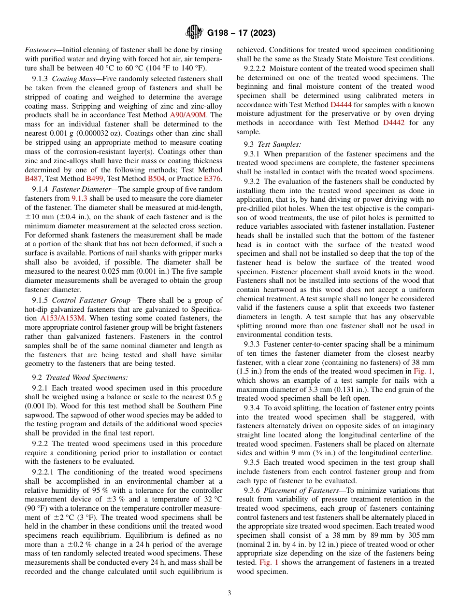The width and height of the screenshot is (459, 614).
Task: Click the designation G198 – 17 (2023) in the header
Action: (241, 33)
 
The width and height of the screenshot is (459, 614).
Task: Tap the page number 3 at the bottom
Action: (229, 593)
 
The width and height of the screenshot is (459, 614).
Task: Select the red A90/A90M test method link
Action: (196, 115)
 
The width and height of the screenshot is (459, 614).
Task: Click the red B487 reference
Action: (33, 179)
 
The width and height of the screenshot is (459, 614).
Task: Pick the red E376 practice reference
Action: (214, 179)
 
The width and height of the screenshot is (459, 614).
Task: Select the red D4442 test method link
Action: (395, 123)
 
